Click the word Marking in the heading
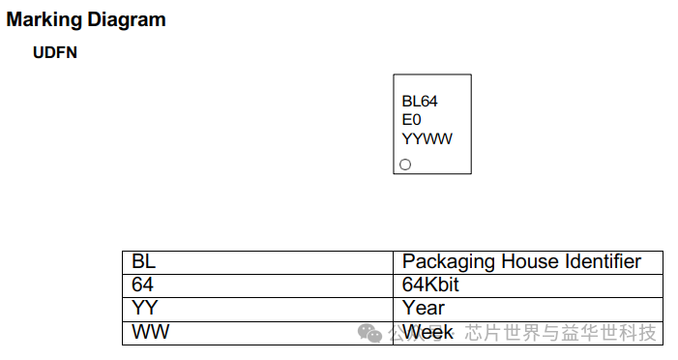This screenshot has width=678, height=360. click(x=42, y=19)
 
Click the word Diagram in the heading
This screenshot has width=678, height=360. click(x=123, y=19)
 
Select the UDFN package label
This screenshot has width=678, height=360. click(x=54, y=53)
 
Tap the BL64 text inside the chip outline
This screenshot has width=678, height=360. click(x=421, y=101)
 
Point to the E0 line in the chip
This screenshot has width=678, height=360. click(x=412, y=120)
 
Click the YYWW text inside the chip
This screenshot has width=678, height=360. click(x=427, y=138)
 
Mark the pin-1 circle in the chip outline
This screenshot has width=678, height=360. click(x=405, y=165)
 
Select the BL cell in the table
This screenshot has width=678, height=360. click(x=143, y=262)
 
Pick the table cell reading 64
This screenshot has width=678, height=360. click(x=143, y=285)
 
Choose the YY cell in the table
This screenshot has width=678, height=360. click(x=144, y=308)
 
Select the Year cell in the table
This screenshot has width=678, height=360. click(x=423, y=308)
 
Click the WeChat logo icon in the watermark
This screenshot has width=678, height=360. click(x=370, y=333)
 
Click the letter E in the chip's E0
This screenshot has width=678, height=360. click(x=407, y=120)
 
